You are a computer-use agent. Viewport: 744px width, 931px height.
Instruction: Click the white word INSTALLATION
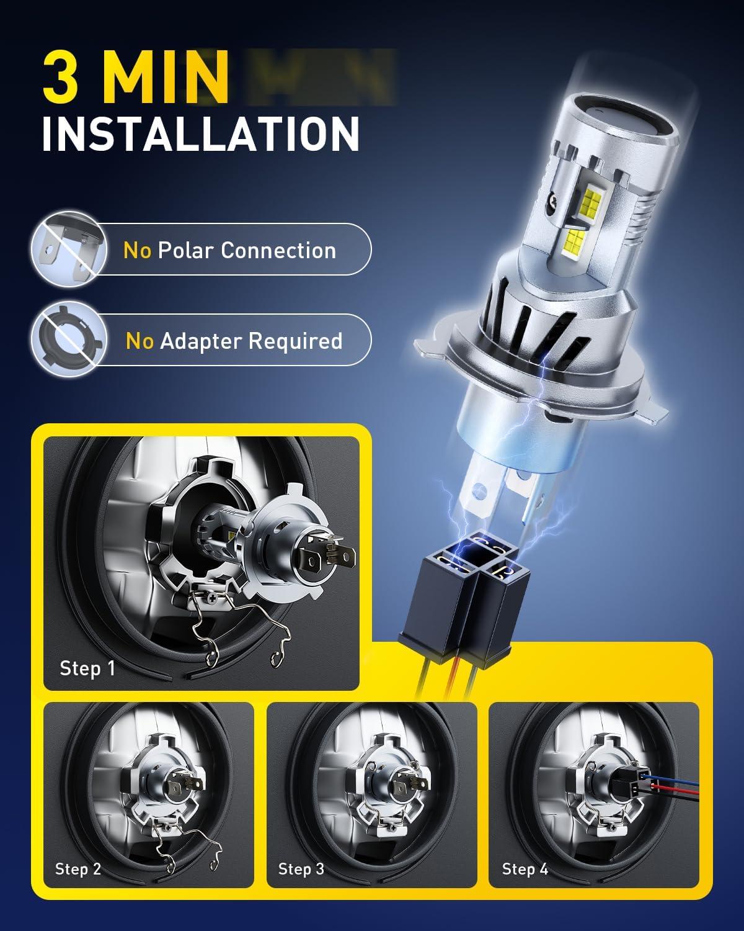coord(201,133)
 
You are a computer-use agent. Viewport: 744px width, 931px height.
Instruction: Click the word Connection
coord(279,250)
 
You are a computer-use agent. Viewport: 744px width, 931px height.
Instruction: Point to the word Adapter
coord(201,341)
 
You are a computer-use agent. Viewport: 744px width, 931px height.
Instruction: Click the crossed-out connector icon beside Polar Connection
coord(69,249)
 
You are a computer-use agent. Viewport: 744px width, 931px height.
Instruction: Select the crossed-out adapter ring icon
coord(69,340)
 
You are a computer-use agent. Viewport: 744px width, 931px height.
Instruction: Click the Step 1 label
coord(87,668)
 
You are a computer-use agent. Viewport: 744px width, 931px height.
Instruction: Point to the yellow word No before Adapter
coord(139,341)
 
